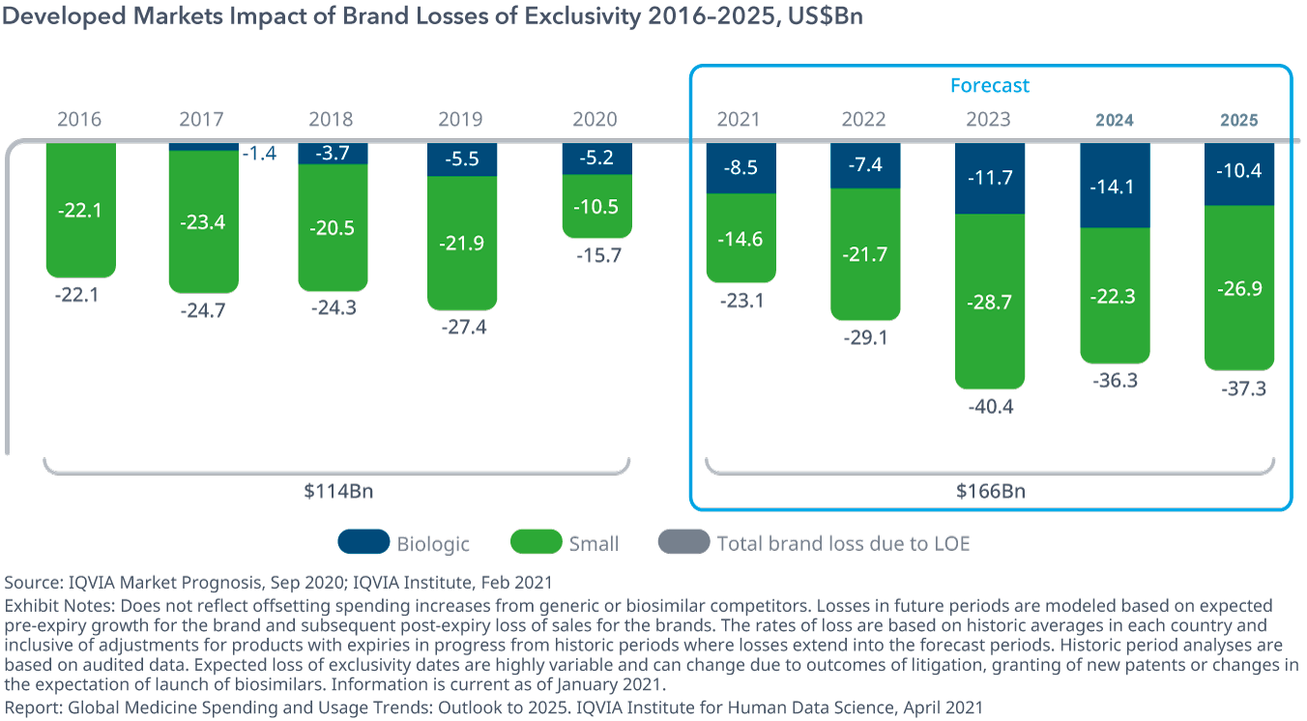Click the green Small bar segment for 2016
80,210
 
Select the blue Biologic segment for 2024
1115,186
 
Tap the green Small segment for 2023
989,302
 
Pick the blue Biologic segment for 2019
461,159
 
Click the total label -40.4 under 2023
989,407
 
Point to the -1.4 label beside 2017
258,153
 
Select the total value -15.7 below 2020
596,256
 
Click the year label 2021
738,120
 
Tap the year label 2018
331,120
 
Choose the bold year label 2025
1238,120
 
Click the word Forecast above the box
989,85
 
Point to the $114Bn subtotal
337,491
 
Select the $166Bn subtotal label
990,491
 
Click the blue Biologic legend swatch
363,542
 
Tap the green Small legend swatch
537,542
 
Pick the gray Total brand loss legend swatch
683,542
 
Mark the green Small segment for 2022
864,253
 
